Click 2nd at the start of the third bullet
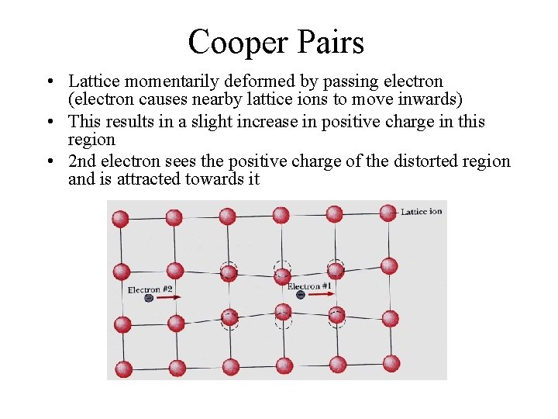(83, 161)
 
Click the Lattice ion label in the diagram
(421, 211)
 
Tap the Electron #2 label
(150, 289)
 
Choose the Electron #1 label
(310, 286)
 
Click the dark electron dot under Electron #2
(148, 298)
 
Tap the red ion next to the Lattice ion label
(388, 212)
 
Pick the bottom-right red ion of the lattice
(391, 362)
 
